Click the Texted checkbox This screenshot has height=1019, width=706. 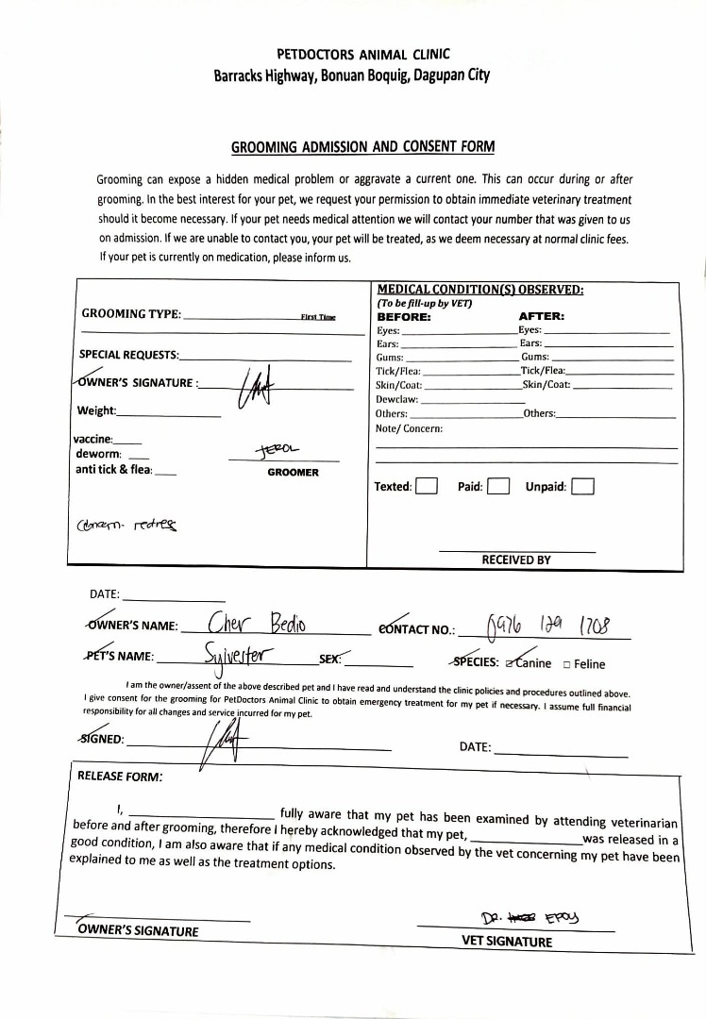pos(427,487)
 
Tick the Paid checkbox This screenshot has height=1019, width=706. pos(499,487)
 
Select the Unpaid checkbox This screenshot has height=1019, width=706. pos(583,487)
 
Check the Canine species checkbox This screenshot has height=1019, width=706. pos(511,663)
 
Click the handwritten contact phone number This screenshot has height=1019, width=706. pos(548,625)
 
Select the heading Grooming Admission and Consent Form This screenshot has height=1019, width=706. pos(362,147)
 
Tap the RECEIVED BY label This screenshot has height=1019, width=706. pos(516,560)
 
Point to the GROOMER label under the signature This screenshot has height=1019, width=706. pos(293,472)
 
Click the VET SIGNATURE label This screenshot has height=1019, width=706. pos(507,941)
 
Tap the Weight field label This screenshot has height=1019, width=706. pos(96,410)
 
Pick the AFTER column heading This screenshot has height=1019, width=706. pos(542,317)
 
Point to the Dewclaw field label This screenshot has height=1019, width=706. pos(396,398)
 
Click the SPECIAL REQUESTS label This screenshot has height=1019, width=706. pos(129,354)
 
